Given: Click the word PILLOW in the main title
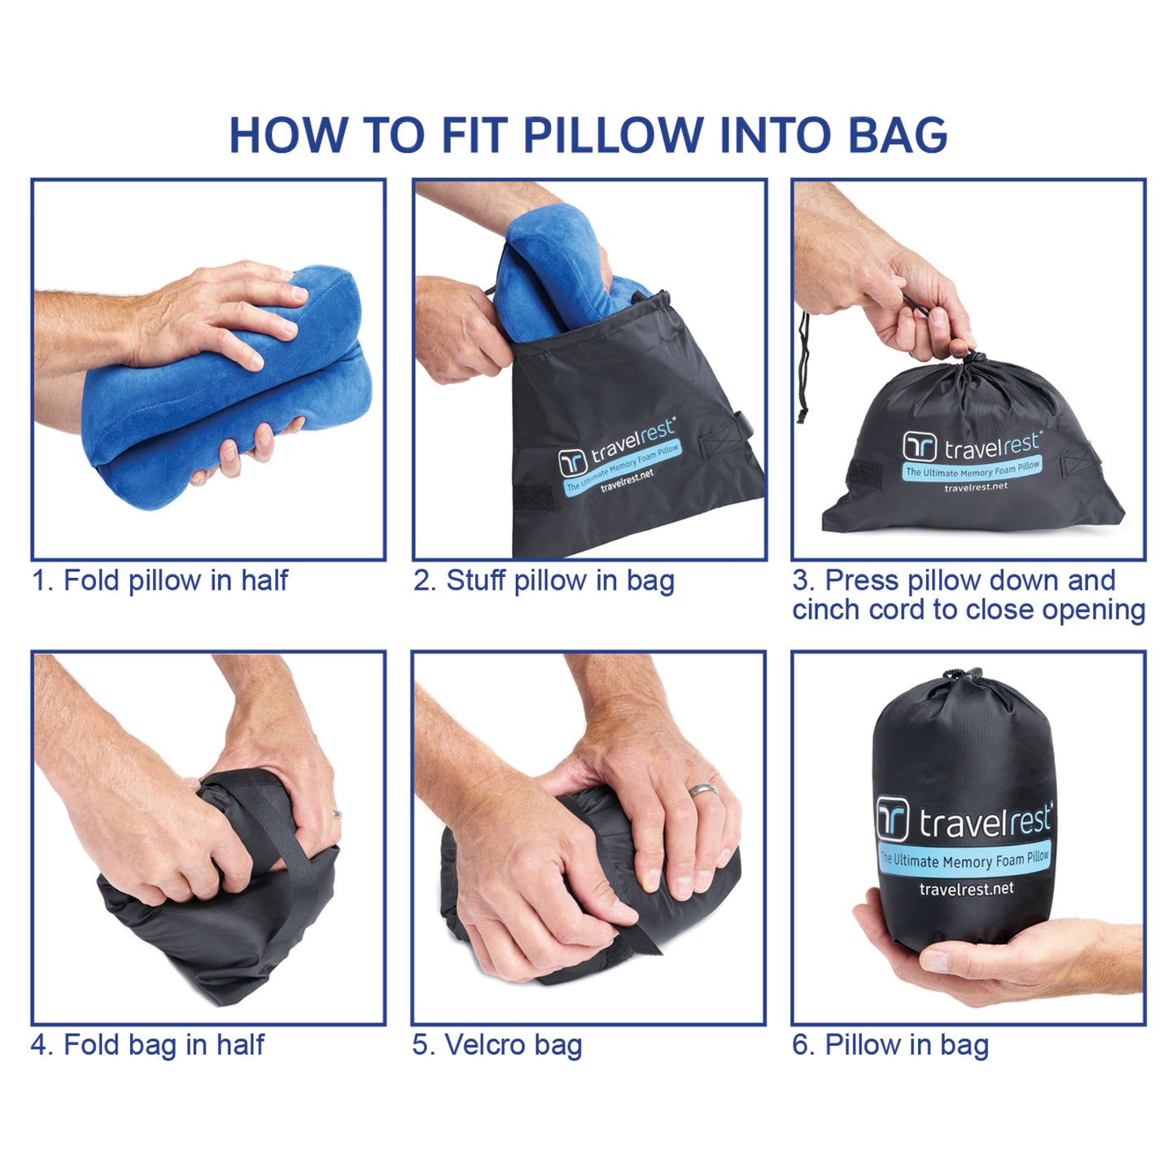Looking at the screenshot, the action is click(x=614, y=135).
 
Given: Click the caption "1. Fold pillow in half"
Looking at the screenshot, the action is click(x=160, y=580).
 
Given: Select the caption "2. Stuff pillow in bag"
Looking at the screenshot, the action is click(x=544, y=580).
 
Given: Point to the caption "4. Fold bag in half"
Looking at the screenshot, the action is click(x=147, y=1044).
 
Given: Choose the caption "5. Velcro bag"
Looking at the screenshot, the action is click(x=497, y=1044).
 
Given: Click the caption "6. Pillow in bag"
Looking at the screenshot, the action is click(x=890, y=1044).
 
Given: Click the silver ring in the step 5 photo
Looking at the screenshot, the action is click(x=704, y=789).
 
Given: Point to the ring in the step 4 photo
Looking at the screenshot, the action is click(x=336, y=814).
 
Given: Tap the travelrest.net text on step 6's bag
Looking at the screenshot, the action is click(x=966, y=889).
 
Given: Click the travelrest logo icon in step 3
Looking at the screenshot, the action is click(x=920, y=447).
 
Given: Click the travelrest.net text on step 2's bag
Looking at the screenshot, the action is click(x=627, y=480).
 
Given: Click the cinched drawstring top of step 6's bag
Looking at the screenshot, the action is click(x=964, y=675).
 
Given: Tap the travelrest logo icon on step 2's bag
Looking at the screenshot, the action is click(x=572, y=462).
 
